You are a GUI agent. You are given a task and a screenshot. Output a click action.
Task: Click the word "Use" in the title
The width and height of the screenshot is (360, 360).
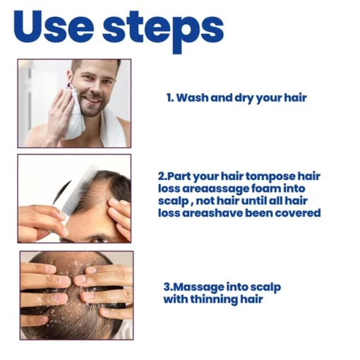click(x=54, y=26)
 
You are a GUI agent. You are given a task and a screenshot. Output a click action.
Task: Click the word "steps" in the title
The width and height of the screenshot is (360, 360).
click(x=163, y=30)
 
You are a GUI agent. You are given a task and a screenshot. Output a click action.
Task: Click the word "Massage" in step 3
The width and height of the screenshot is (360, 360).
click(x=199, y=287)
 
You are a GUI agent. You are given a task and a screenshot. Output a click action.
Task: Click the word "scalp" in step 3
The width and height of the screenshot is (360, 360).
click(x=265, y=288)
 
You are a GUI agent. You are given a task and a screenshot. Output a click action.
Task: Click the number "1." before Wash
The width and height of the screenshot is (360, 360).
click(x=170, y=97)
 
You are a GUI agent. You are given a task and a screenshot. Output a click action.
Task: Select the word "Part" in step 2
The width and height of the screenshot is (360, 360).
click(x=177, y=176)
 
